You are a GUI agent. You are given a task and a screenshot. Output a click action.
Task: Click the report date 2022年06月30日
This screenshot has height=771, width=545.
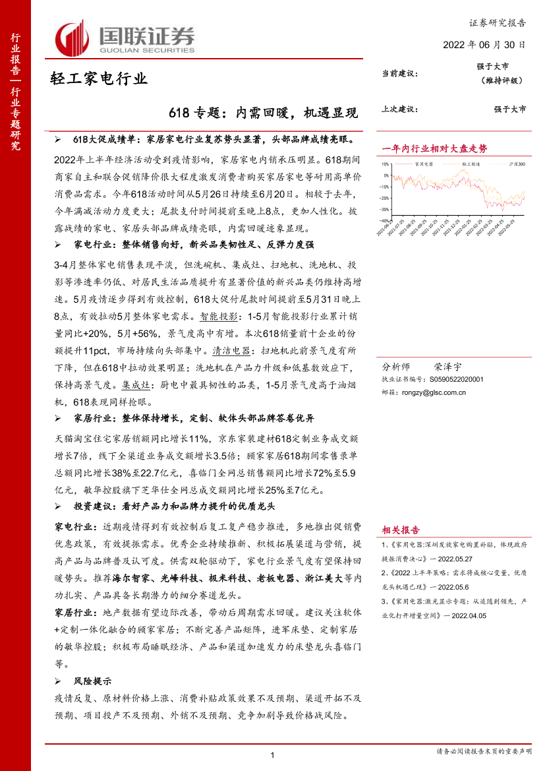[x=484, y=45]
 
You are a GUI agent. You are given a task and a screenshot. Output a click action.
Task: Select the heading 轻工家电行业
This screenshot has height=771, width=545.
[x=99, y=79]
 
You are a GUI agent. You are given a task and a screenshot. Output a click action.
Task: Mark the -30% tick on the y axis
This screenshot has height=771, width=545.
[x=384, y=209]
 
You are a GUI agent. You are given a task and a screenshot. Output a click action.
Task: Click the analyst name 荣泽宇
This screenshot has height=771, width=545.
[x=448, y=366]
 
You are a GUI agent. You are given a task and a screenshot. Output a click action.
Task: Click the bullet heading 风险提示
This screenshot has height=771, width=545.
[x=92, y=681]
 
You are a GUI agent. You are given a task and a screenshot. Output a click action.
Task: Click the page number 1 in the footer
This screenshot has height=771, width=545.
[x=272, y=755]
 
